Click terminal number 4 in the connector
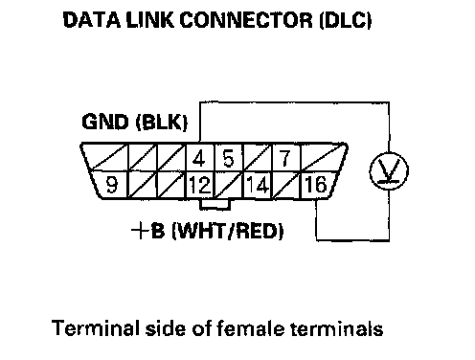click(x=199, y=158)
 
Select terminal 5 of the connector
click(x=228, y=158)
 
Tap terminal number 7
click(x=284, y=158)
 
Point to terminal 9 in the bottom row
click(x=111, y=185)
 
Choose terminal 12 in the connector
click(x=200, y=185)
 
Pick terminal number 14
click(x=258, y=185)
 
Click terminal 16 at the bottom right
click(x=315, y=185)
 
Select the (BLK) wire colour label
click(x=162, y=123)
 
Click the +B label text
click(x=148, y=231)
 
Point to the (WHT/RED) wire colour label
click(x=228, y=232)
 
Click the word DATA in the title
click(x=92, y=20)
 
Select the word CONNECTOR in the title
click(x=246, y=20)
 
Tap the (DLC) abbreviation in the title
click(x=346, y=21)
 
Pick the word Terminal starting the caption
click(x=96, y=327)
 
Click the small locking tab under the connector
click(x=215, y=205)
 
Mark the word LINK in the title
click(x=150, y=20)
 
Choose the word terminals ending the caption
click(x=337, y=328)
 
